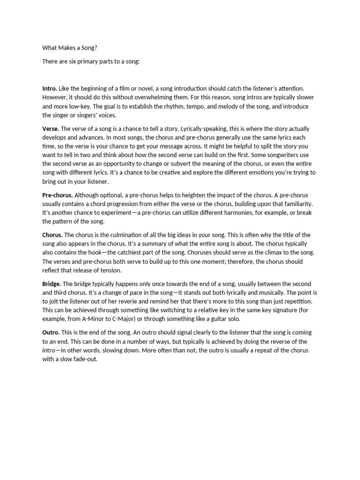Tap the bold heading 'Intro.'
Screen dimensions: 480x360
pos(50,88)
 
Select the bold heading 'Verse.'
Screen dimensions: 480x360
pos(51,128)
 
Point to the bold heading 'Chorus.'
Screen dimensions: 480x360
pos(52,235)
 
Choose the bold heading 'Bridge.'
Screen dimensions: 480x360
pos(52,284)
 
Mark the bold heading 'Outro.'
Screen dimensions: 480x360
pos(52,332)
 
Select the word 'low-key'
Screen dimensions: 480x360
pos(81,106)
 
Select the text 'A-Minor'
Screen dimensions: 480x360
pos(97,320)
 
